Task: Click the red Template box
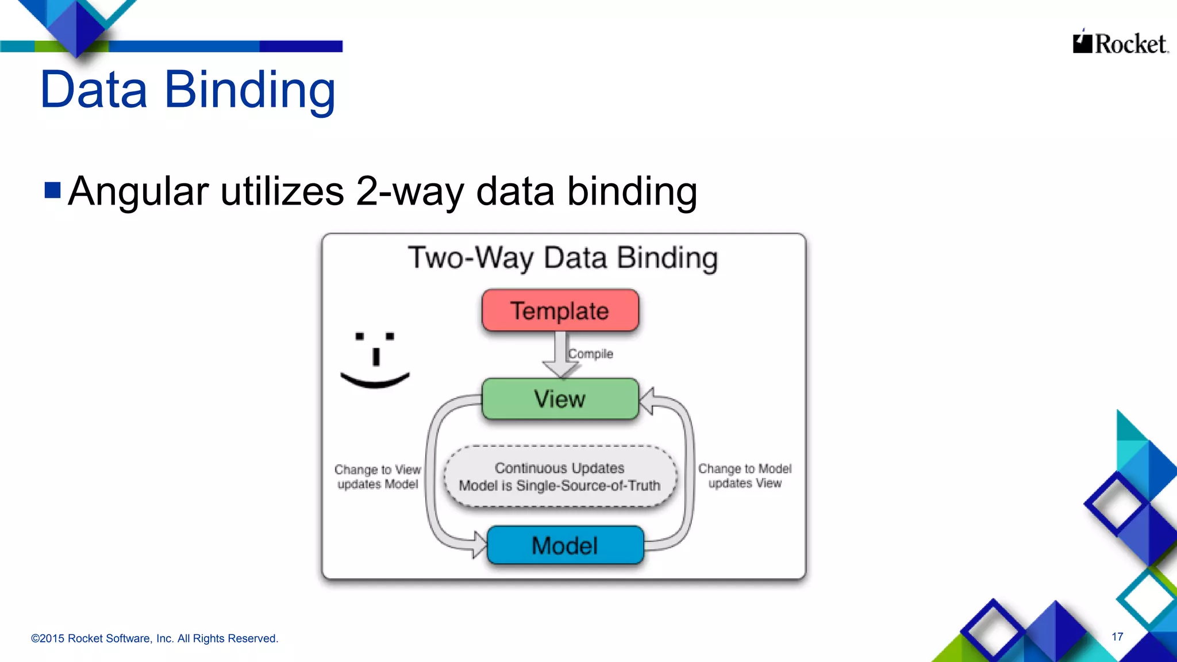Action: [x=560, y=310]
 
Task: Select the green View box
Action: [x=560, y=399]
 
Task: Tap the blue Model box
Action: [x=565, y=545]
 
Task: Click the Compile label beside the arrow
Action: [x=591, y=354]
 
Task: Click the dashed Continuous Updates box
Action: [x=560, y=476]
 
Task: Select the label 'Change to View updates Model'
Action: [x=378, y=477]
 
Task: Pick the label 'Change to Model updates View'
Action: [x=745, y=476]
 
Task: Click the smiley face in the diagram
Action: [x=375, y=360]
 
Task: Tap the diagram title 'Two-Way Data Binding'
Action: [x=563, y=257]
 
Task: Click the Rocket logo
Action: [x=1120, y=43]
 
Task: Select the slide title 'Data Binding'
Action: [x=187, y=90]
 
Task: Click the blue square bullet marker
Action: [x=52, y=190]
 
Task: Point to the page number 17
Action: [x=1117, y=637]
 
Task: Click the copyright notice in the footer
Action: [x=155, y=638]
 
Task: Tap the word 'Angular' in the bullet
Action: [x=138, y=191]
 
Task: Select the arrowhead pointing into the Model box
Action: [x=479, y=544]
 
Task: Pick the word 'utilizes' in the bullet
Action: [x=282, y=191]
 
